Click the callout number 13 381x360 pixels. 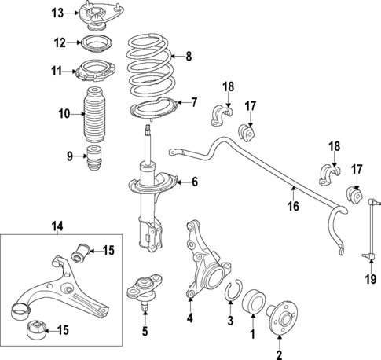click(57, 13)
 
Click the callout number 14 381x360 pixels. click(57, 227)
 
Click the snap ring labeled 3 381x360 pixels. click(230, 295)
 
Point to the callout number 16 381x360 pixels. click(293, 208)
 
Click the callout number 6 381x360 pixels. click(195, 183)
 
